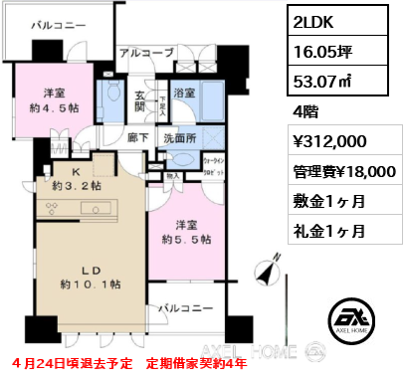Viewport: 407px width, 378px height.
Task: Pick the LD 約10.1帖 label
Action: click(x=91, y=275)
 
